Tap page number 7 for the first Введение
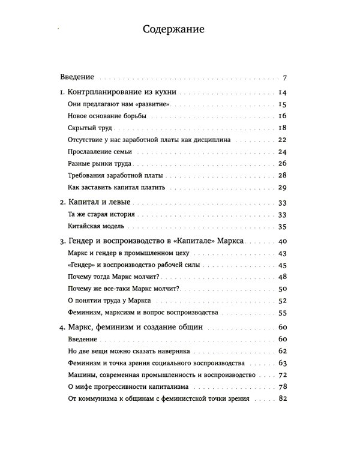point(287,78)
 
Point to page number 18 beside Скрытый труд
point(284,127)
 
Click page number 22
point(284,139)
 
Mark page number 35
point(284,226)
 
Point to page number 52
point(284,301)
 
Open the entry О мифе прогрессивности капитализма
point(129,387)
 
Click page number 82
point(284,399)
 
